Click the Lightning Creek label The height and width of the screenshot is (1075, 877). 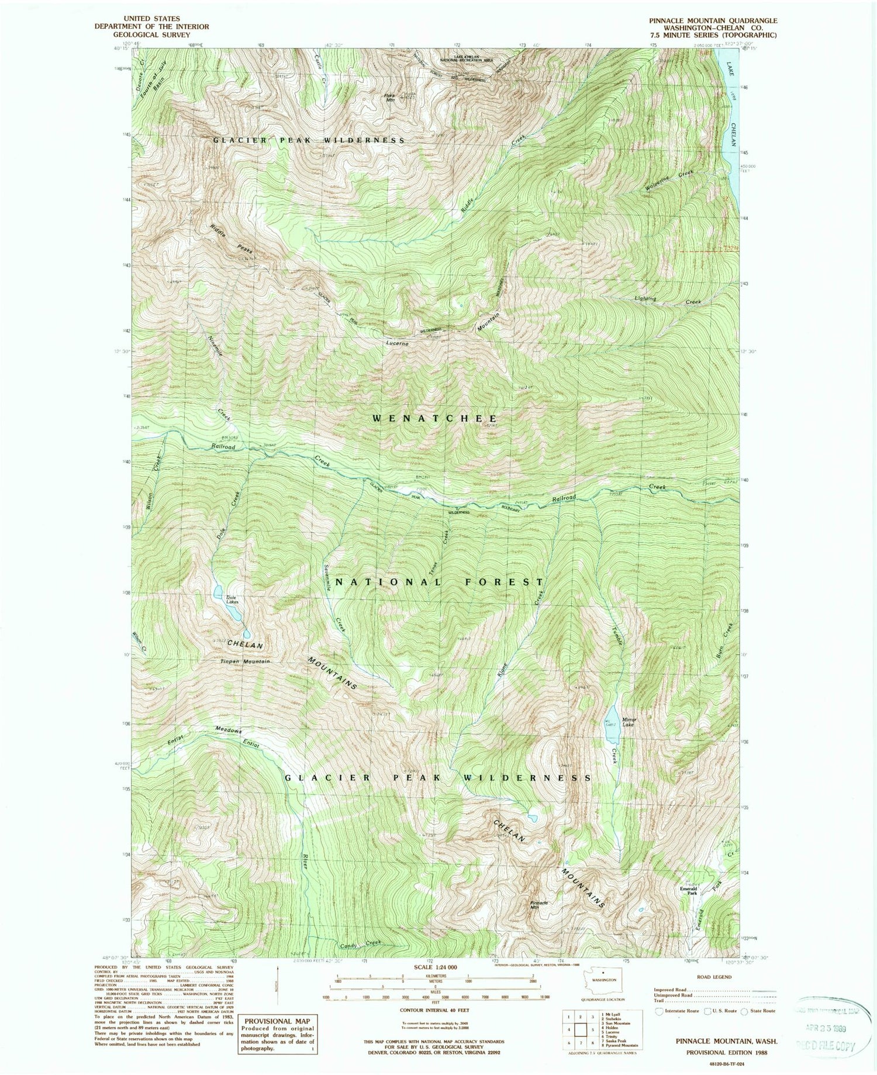pos(667,300)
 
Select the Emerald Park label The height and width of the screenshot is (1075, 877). pos(688,891)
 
